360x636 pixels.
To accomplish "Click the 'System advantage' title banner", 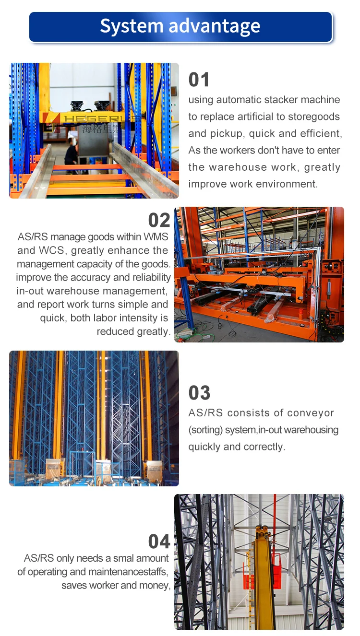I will pos(180,26).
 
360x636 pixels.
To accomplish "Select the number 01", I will pos(199,80).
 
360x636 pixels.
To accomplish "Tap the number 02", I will pos(159,220).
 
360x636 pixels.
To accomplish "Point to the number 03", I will pos(199,393).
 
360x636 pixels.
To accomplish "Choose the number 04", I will pos(159,542).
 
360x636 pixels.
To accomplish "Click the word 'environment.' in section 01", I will pos(288,184).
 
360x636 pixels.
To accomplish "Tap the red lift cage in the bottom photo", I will pos(248,576).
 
